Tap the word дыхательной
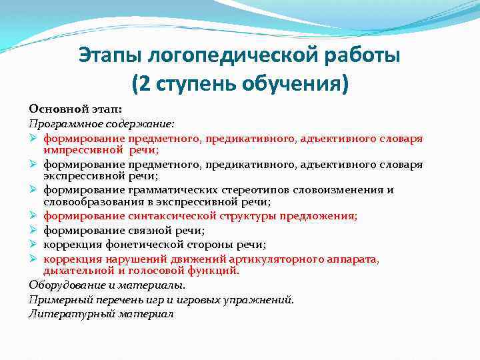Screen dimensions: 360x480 click(x=75, y=271)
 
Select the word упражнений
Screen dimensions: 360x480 click(x=261, y=299)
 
